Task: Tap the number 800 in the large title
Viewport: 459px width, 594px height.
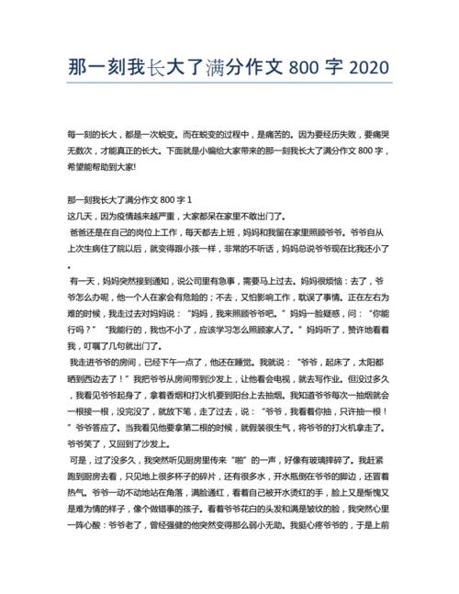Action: pyautogui.click(x=303, y=69)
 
